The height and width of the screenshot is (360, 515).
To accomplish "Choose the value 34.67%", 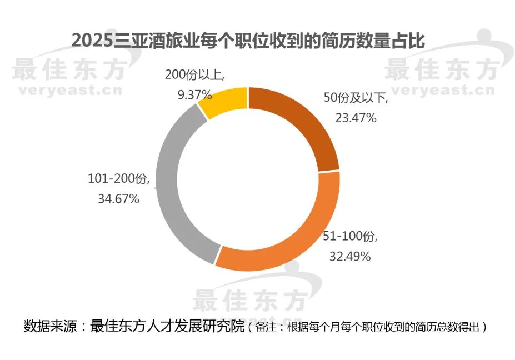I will (x=118, y=198).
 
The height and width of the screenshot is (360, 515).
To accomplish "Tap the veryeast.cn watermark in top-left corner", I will (x=66, y=91).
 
